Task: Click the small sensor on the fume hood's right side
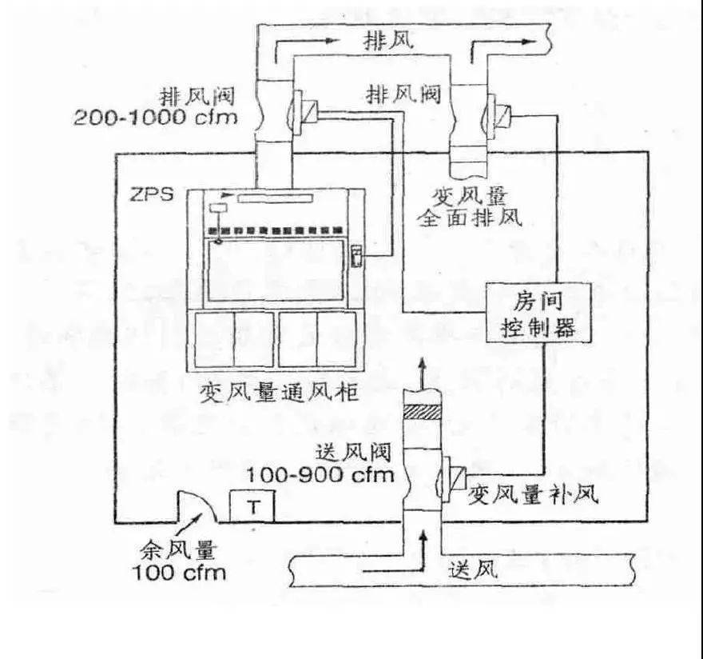(x=357, y=258)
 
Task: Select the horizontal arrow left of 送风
(x=387, y=570)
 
